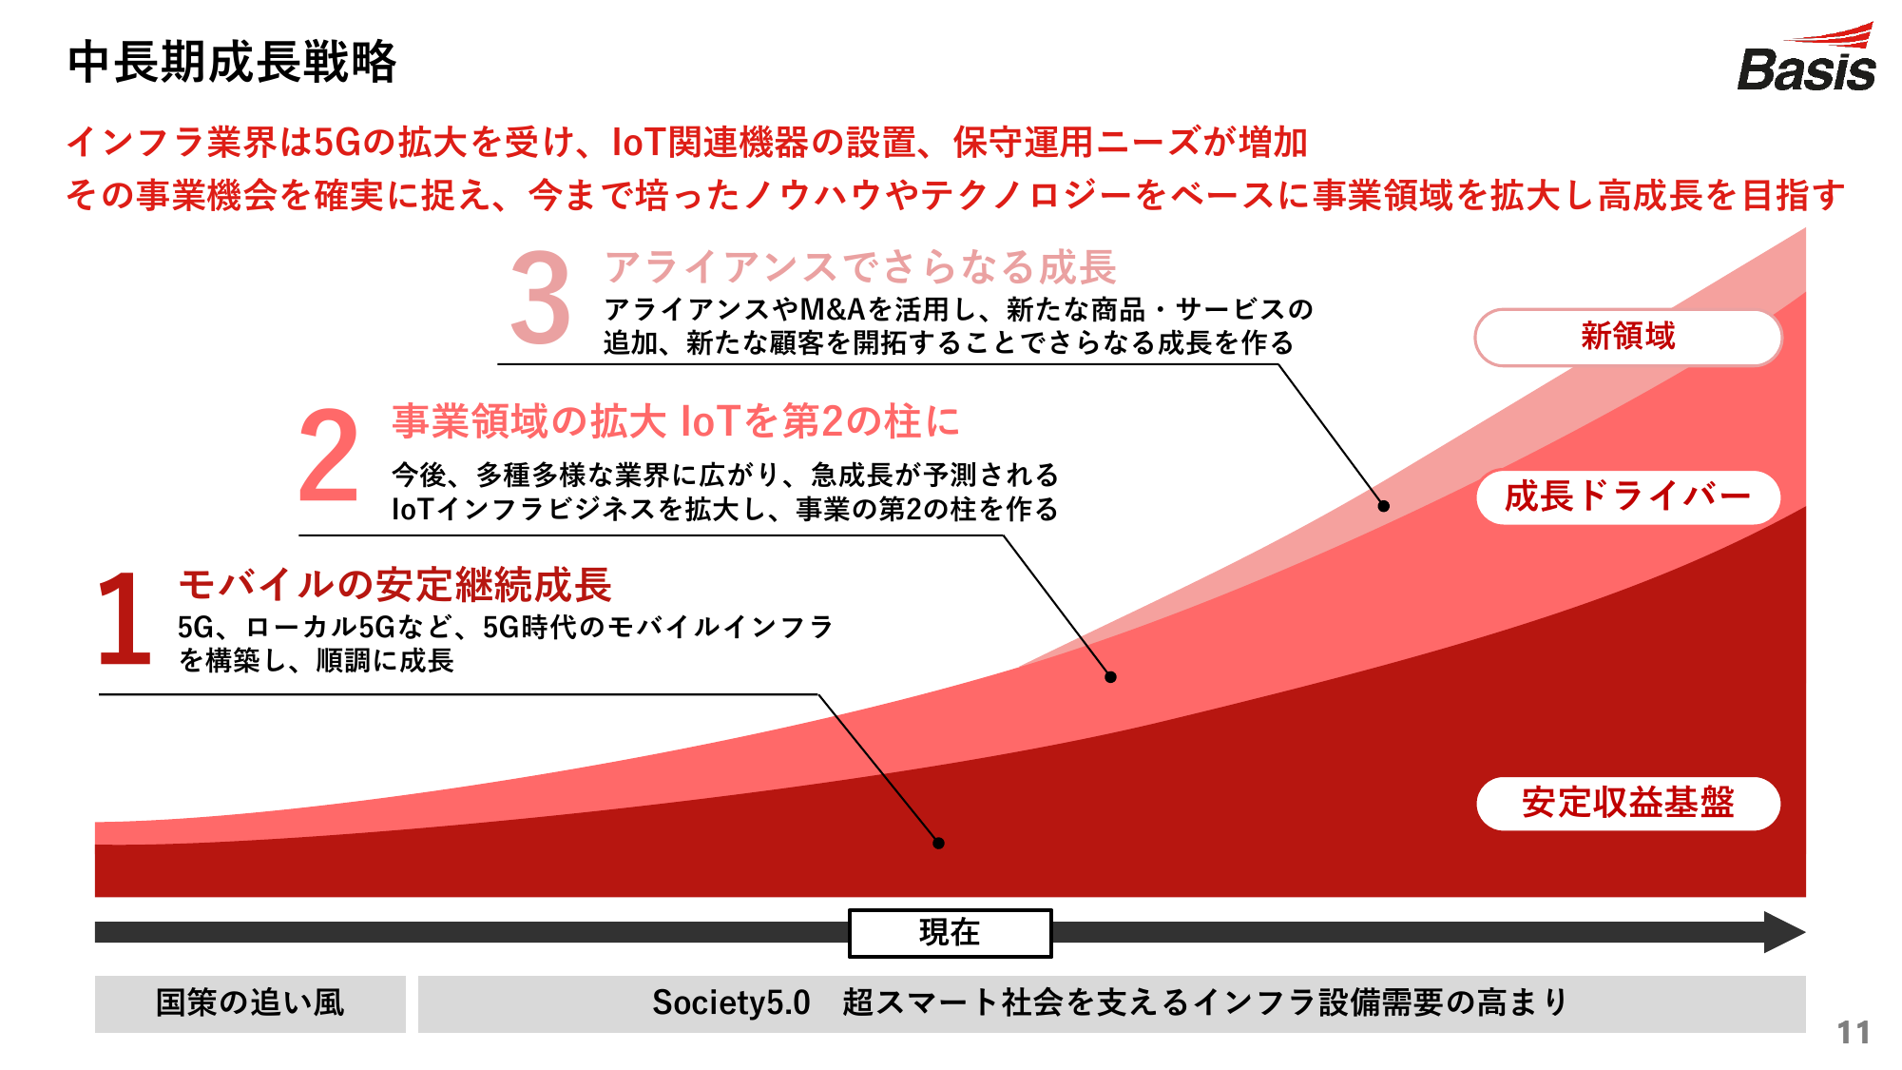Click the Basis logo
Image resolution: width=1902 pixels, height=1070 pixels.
pos(1806,58)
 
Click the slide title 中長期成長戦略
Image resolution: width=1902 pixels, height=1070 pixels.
pos(232,63)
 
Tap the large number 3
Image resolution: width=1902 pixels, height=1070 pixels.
pos(540,298)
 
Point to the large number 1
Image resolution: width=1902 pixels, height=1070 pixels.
pos(125,617)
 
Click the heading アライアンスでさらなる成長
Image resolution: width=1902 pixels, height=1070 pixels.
pos(860,267)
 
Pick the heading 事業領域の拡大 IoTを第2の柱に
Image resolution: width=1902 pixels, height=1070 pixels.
pos(676,421)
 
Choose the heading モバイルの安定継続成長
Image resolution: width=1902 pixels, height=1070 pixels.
pos(394,584)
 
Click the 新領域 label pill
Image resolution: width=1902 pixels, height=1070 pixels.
pos(1627,337)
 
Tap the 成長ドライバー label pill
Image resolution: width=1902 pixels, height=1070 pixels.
pos(1627,496)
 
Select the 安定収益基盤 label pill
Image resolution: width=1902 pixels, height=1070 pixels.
pos(1627,803)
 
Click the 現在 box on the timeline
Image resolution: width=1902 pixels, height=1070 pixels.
pos(950,933)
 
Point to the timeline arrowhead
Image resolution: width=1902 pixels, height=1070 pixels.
pos(1784,932)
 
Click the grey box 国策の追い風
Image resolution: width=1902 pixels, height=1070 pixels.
pos(250,1003)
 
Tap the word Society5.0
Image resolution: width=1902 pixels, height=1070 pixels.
pos(731,1002)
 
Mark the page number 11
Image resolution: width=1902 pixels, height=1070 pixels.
pos(1854,1033)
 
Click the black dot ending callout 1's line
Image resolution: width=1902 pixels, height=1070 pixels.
pos(938,843)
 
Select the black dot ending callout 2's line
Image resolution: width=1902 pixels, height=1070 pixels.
pos(1110,677)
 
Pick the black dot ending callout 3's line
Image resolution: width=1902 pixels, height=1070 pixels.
pos(1384,506)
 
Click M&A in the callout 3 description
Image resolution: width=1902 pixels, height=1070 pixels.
pos(833,310)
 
